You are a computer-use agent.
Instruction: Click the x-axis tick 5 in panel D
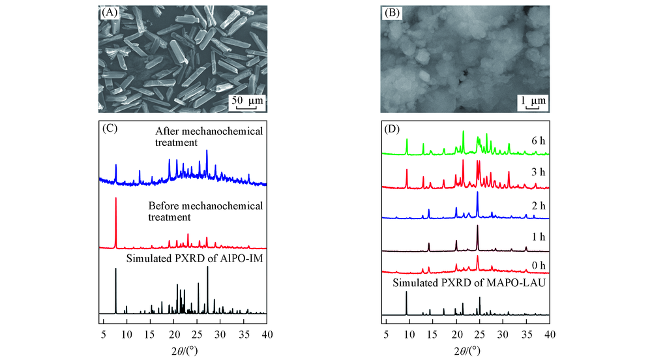[386, 335]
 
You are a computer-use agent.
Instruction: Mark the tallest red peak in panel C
[116, 199]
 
